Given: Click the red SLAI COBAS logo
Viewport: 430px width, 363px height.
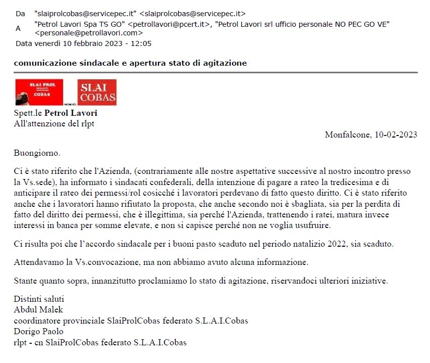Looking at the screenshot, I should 97,92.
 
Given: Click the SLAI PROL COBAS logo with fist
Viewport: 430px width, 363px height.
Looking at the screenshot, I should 39,92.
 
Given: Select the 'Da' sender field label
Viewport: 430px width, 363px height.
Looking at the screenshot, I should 20,13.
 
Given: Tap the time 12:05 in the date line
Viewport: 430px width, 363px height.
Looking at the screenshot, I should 141,43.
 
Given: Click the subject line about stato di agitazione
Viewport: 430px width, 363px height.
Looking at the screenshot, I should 130,63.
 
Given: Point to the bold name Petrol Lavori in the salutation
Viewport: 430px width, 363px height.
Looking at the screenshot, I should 71,113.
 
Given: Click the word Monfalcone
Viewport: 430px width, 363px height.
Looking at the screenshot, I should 347,134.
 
